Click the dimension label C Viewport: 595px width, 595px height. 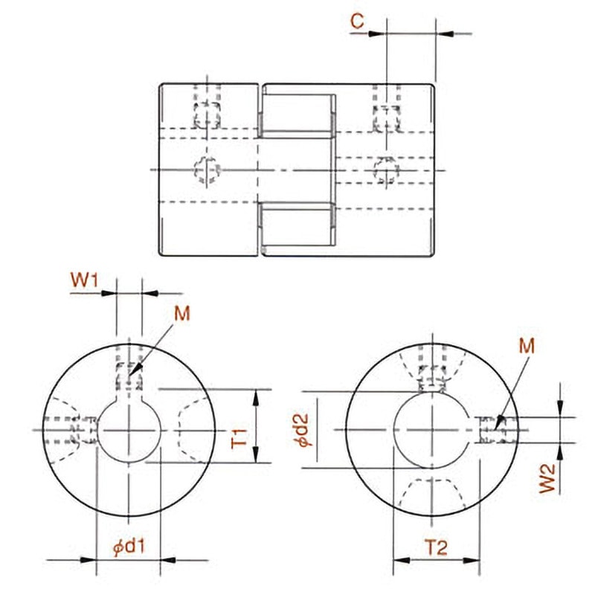(357, 21)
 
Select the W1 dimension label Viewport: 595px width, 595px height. (84, 280)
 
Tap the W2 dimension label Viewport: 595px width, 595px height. (547, 478)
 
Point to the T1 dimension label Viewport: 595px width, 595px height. (239, 438)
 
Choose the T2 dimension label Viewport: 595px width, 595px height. (436, 547)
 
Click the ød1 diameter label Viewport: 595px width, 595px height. (129, 547)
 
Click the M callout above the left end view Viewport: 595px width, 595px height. (181, 314)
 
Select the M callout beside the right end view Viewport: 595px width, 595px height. (527, 346)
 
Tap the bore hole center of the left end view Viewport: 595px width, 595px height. (129, 431)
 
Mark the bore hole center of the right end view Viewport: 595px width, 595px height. (432, 430)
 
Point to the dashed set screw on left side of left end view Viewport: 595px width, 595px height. (70, 431)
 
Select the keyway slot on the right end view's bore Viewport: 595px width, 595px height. (475, 430)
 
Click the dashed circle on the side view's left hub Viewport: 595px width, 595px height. (208, 170)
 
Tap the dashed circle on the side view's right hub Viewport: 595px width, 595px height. (386, 170)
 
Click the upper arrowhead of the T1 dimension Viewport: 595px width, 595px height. (256, 398)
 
